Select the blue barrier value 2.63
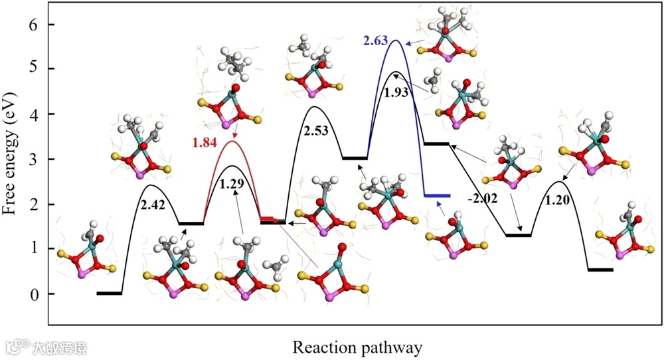point(376,42)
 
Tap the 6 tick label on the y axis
point(32,25)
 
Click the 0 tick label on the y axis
point(32,294)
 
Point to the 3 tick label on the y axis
point(32,159)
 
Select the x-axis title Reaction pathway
point(357,347)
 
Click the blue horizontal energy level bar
point(437,196)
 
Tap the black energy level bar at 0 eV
point(109,293)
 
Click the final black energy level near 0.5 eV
point(600,270)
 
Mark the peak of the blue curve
point(395,41)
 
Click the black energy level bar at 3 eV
point(355,158)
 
